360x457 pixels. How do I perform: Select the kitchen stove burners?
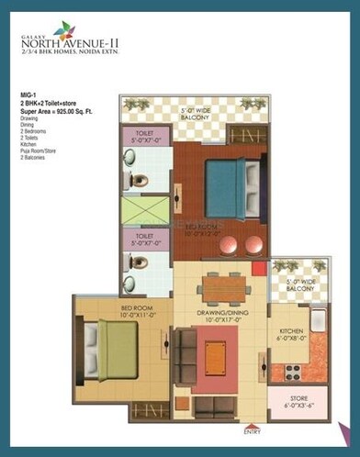295,372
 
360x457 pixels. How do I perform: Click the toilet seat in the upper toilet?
138,180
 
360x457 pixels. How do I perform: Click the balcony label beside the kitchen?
303,285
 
